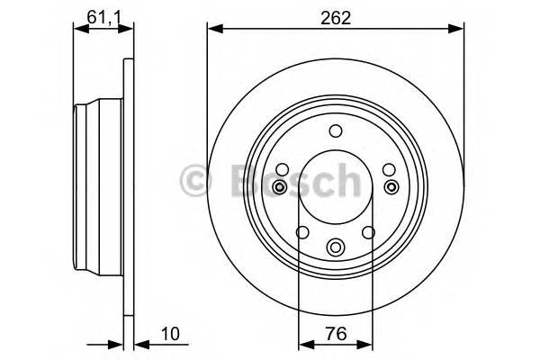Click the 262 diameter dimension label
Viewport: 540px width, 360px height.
click(x=337, y=15)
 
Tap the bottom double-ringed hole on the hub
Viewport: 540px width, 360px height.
click(x=336, y=246)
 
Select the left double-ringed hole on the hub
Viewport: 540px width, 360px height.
click(x=280, y=186)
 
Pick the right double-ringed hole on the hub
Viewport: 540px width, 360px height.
click(x=392, y=186)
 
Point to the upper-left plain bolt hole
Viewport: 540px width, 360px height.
click(x=282, y=168)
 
